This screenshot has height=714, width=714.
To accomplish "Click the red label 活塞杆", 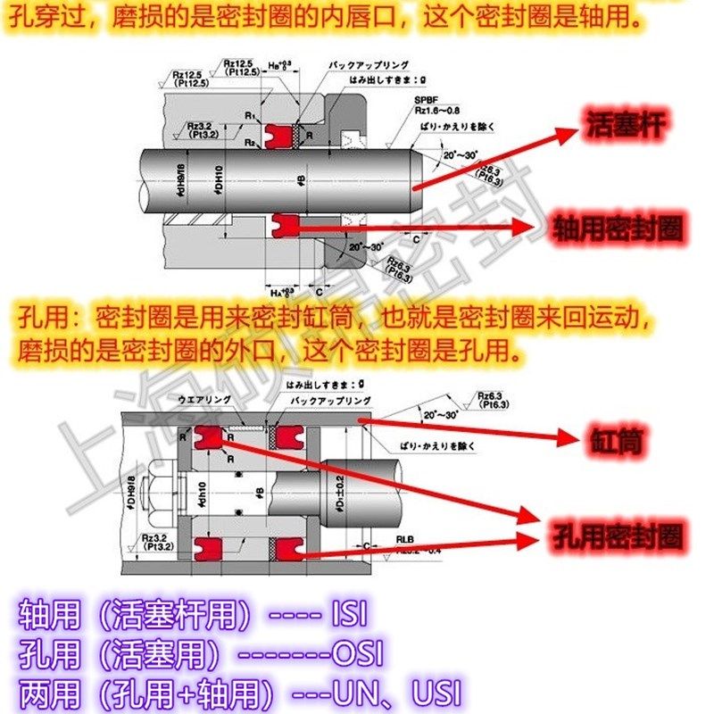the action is point(626,124).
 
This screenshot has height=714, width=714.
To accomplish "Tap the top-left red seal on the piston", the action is point(211,437).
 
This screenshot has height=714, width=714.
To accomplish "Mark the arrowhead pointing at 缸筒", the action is point(571,437).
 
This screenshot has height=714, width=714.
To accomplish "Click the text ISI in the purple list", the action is point(349,615).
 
